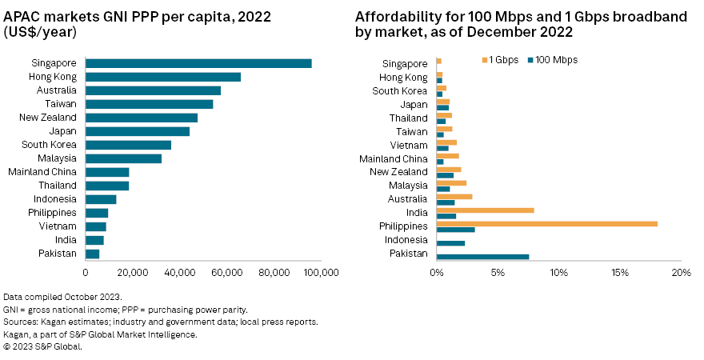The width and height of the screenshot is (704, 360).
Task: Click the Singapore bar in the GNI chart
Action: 198,63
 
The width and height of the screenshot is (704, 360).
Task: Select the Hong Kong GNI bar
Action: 163,77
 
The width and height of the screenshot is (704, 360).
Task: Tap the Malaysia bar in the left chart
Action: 123,158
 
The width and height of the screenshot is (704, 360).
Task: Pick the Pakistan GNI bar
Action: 92,254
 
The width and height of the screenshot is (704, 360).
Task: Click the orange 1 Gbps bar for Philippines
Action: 546,223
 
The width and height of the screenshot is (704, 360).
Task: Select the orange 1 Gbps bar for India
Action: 485,210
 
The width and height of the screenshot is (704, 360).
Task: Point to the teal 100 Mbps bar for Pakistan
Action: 482,257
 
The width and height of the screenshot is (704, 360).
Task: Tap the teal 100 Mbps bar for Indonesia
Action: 450,243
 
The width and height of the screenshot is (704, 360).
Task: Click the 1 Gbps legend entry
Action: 502,60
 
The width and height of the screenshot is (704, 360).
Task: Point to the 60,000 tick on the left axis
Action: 227,273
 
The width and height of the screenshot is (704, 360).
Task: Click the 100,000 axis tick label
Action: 320,273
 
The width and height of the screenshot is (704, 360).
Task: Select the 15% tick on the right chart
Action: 620,273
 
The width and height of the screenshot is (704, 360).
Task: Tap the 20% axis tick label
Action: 681,273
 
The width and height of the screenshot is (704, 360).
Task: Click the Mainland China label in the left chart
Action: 42,172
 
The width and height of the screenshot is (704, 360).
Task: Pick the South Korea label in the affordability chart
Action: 404,90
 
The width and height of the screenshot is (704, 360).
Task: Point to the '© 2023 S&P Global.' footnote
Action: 42,346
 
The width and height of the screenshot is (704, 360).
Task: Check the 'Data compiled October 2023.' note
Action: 62,297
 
